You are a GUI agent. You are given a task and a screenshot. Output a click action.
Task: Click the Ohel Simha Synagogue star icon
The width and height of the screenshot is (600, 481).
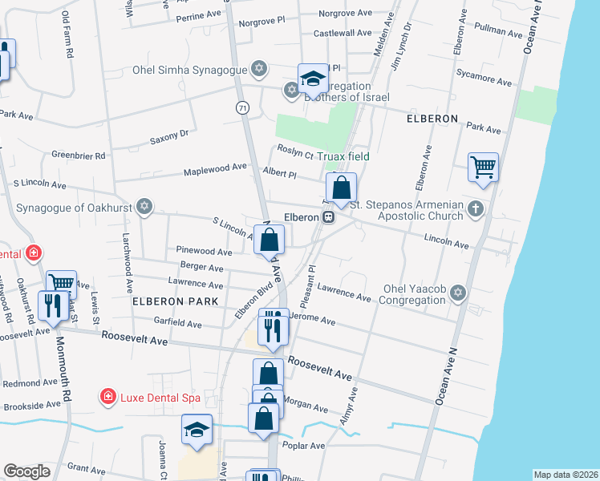(x=258, y=69)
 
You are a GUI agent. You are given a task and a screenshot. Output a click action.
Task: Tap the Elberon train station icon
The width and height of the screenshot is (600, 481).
(x=328, y=217)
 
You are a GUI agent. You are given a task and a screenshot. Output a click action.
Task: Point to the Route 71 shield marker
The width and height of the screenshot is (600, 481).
(x=242, y=107)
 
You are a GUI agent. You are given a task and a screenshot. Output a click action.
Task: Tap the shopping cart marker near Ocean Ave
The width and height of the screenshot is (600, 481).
(x=483, y=168)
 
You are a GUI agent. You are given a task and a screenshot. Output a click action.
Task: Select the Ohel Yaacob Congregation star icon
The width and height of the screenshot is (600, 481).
(x=458, y=293)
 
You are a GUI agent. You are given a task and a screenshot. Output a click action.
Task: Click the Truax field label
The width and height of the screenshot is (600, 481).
(x=343, y=156)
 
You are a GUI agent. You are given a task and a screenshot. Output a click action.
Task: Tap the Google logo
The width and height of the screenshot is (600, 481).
(x=26, y=471)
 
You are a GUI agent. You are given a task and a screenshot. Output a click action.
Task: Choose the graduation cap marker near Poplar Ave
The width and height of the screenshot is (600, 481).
(x=197, y=430)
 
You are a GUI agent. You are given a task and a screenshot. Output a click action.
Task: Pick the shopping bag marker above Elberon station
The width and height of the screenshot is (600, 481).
(x=342, y=188)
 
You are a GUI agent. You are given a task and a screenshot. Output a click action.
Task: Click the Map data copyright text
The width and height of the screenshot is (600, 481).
(x=565, y=475)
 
